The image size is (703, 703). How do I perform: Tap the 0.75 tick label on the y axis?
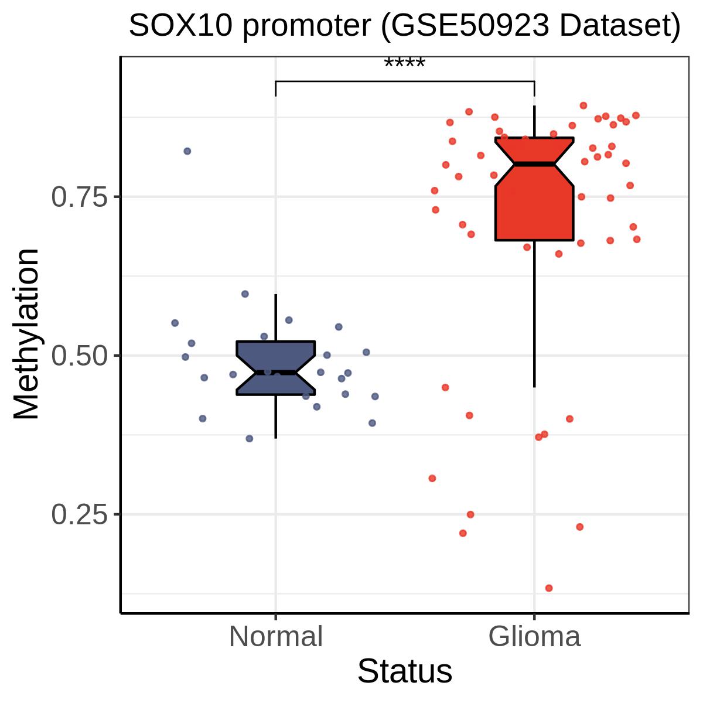[x=80, y=197]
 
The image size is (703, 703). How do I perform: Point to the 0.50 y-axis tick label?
[x=80, y=356]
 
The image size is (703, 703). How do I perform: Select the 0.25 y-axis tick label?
[x=80, y=515]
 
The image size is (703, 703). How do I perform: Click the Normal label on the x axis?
[x=276, y=637]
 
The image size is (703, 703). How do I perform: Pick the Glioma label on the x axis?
[x=534, y=637]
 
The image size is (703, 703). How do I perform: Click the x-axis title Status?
[x=405, y=671]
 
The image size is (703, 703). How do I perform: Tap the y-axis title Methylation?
[x=26, y=334]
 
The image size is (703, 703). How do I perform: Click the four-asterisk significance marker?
[x=405, y=63]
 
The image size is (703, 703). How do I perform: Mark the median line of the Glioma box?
[x=534, y=164]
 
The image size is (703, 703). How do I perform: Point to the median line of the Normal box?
[x=276, y=373]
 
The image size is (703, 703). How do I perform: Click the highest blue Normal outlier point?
[x=187, y=151]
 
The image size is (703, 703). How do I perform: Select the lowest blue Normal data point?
[x=249, y=439]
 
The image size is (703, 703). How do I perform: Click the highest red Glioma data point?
[x=583, y=105]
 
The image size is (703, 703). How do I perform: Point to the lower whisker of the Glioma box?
[x=534, y=314]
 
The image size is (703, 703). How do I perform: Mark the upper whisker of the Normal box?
[x=276, y=318]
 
